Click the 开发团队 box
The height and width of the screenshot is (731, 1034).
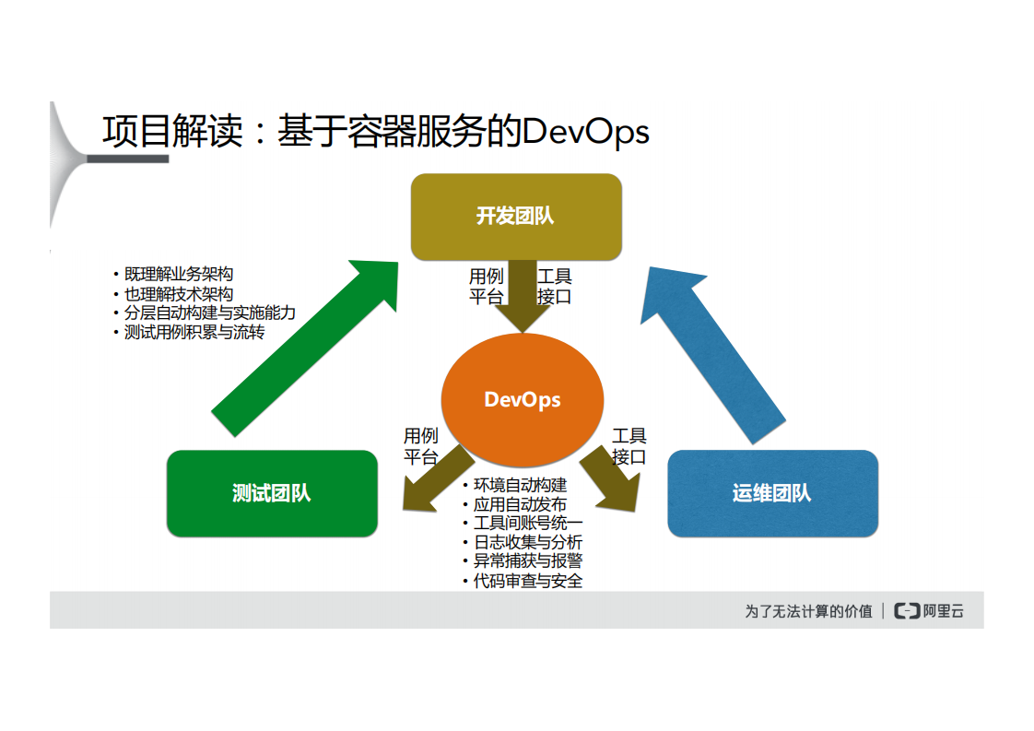pyautogui.click(x=515, y=217)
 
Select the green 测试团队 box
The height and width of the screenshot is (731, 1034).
pyautogui.click(x=272, y=493)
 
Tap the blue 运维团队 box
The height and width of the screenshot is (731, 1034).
pyautogui.click(x=771, y=493)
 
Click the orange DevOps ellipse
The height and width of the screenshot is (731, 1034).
pyautogui.click(x=523, y=400)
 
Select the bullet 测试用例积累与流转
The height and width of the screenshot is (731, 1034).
pyautogui.click(x=194, y=333)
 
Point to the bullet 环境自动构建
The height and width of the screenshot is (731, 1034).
pyautogui.click(x=520, y=485)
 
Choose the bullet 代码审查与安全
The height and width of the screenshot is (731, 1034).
pyautogui.click(x=527, y=581)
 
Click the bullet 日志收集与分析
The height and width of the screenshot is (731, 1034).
pyautogui.click(x=527, y=543)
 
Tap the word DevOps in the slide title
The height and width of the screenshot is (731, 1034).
pyautogui.click(x=585, y=132)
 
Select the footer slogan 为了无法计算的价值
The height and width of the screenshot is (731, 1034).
pyautogui.click(x=808, y=610)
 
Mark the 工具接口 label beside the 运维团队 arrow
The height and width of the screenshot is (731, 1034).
pyautogui.click(x=629, y=446)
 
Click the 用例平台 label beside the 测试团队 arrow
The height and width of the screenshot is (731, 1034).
pyautogui.click(x=421, y=446)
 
